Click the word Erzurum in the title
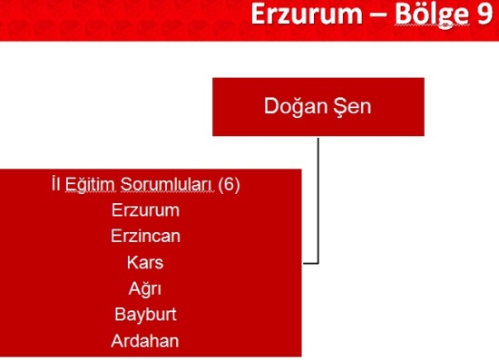point(307,14)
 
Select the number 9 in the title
point(484,14)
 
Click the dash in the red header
point(378,16)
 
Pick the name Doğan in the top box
point(296,106)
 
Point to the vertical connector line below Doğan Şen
point(318,200)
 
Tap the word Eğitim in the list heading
point(90,185)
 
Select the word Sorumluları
point(168,184)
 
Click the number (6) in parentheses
point(230,184)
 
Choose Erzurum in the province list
point(145,210)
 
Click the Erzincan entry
point(145,237)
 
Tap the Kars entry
point(145,263)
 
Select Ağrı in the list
point(145,289)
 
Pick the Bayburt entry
point(145,315)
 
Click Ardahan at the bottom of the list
point(145,341)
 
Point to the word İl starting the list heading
point(56,184)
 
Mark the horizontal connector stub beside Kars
point(310,263)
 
